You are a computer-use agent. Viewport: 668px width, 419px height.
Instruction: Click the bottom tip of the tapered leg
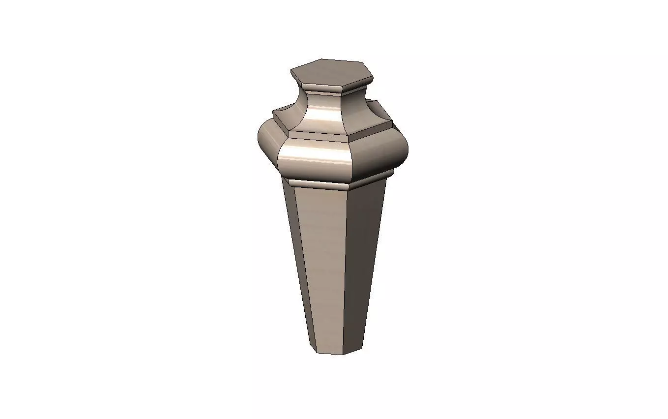(339, 352)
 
